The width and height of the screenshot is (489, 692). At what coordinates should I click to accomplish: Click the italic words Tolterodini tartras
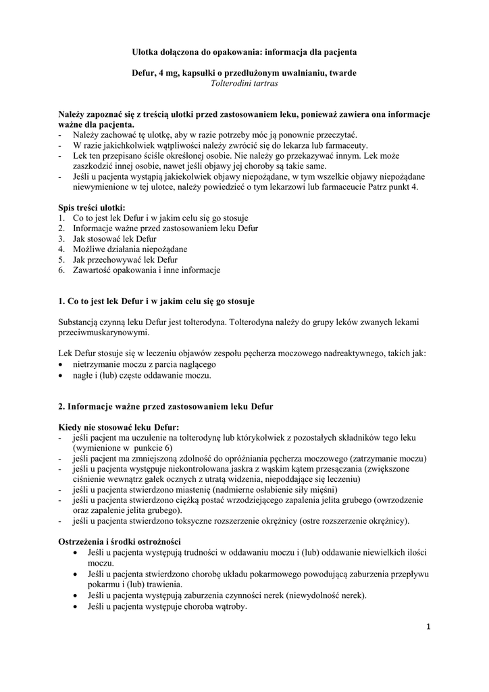244,84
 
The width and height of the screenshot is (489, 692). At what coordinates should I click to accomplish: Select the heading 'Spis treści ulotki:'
91,207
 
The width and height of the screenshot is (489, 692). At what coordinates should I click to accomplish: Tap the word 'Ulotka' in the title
146,51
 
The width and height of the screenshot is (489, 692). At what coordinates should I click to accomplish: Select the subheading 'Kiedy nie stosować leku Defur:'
119,427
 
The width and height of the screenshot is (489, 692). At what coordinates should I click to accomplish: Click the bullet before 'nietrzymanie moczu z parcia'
62,364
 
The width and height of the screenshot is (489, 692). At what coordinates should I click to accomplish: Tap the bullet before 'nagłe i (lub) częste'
62,375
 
